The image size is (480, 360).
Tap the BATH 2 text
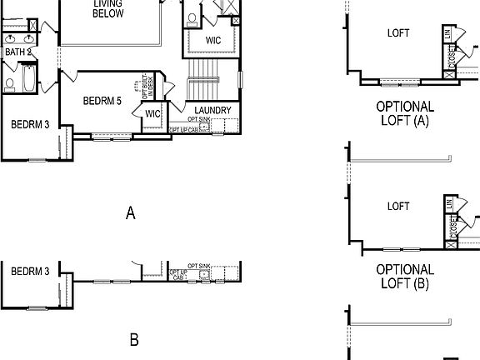click(17, 52)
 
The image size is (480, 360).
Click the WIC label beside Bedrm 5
click(152, 114)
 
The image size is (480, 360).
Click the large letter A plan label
click(130, 214)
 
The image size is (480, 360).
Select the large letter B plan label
click(133, 340)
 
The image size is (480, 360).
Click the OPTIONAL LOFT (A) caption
click(405, 113)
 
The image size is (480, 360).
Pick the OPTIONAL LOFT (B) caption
click(405, 277)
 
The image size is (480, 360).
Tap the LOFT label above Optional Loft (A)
click(399, 34)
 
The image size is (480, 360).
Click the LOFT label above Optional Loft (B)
click(399, 206)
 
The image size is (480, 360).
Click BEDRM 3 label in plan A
click(30, 124)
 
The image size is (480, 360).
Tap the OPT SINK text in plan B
click(200, 266)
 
